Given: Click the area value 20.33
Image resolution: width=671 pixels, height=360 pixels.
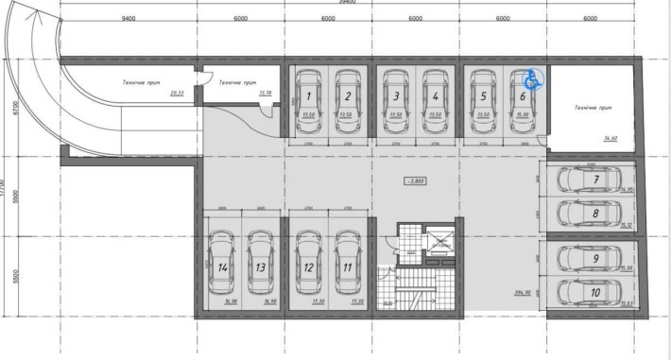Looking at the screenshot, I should tap(176, 94).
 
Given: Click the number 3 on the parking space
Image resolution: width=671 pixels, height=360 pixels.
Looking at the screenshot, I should tap(397, 95).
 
